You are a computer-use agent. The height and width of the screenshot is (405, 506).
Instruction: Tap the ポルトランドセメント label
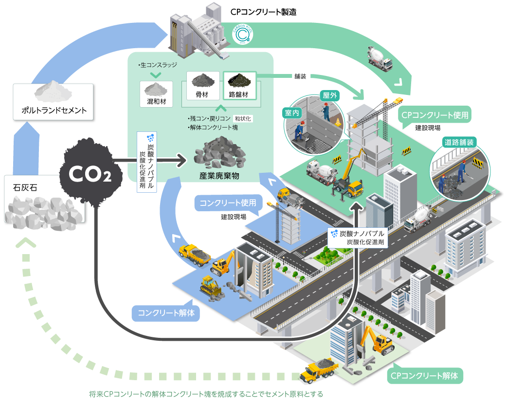pos(54,110)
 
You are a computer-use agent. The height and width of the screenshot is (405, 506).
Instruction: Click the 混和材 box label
pos(156,103)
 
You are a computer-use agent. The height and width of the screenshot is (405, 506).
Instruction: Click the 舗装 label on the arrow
pos(299,76)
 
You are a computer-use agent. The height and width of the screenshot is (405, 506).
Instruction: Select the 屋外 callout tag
pos(329,95)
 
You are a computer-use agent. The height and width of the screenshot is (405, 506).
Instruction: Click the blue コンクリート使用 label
pos(228,202)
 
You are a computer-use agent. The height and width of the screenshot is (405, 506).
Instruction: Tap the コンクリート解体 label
pos(166,313)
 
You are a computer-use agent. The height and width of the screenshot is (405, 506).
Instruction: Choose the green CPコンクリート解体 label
pos(425,376)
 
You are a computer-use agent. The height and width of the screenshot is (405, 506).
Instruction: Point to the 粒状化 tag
pos(243,118)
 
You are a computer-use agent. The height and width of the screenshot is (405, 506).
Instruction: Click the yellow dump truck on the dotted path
pos(319,371)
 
